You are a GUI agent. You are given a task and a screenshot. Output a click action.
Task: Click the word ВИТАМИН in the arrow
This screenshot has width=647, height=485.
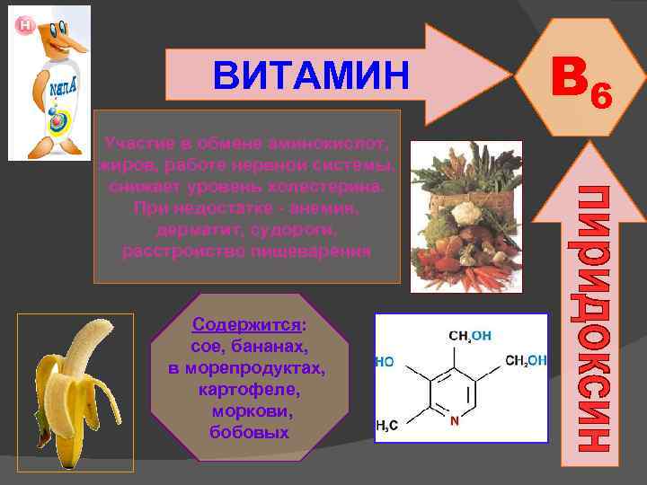click(310, 75)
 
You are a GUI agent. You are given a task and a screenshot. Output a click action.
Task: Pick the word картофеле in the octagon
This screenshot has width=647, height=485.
click(247, 390)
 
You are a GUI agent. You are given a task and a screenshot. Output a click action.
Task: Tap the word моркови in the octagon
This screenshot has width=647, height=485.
click(247, 411)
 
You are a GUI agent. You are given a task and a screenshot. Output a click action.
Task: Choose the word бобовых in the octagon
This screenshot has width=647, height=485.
click(248, 433)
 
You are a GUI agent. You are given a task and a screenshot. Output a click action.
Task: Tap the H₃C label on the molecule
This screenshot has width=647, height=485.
click(387, 428)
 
